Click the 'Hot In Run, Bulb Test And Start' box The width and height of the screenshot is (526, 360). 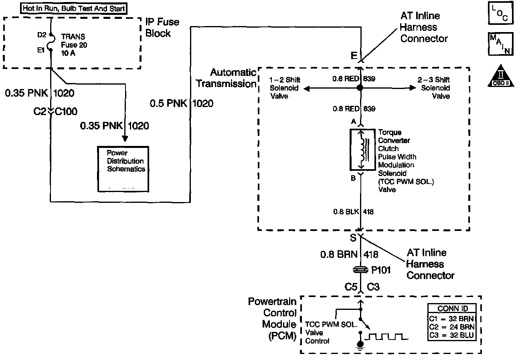coord(74,8)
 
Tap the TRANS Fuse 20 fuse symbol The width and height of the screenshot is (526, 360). coord(51,42)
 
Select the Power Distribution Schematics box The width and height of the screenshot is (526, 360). coord(123,169)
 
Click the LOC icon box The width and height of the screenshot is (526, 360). coord(501,13)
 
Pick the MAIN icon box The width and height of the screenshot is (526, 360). coord(501,44)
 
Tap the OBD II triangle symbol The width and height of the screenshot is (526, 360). coord(501,76)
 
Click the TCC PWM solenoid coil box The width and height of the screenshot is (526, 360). coord(362,150)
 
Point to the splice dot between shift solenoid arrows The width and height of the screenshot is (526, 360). coord(360,88)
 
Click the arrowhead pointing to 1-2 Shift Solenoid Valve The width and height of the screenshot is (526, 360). coord(306,89)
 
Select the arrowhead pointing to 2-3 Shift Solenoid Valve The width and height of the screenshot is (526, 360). coord(413,88)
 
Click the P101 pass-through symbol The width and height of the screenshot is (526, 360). coord(361,270)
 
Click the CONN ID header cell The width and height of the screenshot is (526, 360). coord(452,308)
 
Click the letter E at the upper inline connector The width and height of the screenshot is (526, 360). coord(354,56)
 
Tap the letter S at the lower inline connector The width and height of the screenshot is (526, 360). coord(353,238)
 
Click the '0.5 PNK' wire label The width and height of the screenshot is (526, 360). coord(168,103)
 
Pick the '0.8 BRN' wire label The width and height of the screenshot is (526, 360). coord(339,254)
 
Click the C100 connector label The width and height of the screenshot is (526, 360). coord(66,111)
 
